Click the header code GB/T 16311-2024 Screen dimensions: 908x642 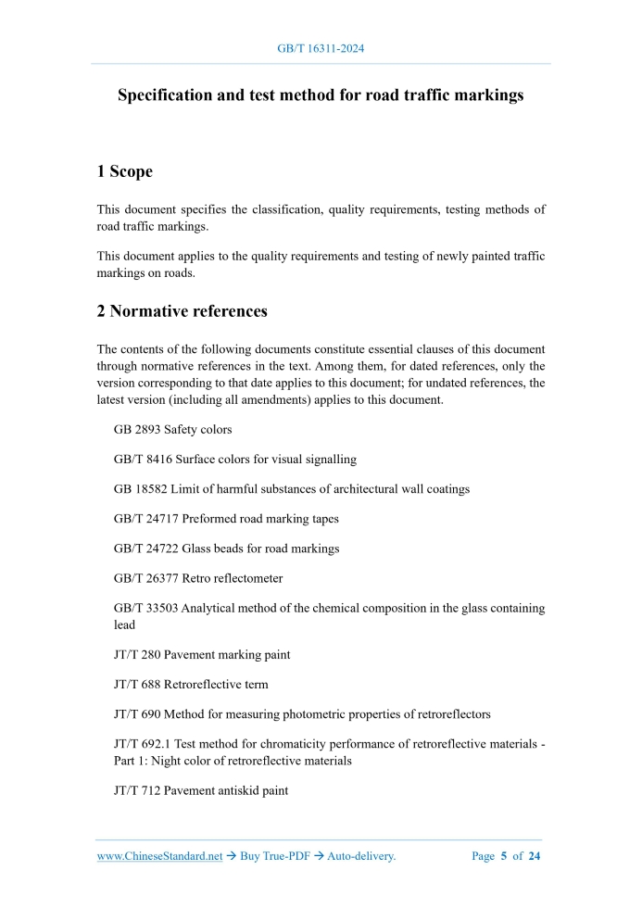(321, 48)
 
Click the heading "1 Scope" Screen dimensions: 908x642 (125, 171)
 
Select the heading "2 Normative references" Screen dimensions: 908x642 (183, 311)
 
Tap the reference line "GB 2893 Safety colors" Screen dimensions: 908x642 (172, 430)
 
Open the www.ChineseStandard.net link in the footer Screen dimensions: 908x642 (160, 856)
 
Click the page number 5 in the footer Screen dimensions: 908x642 (504, 856)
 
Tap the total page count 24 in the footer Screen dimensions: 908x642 (534, 856)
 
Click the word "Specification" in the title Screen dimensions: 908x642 (165, 95)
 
